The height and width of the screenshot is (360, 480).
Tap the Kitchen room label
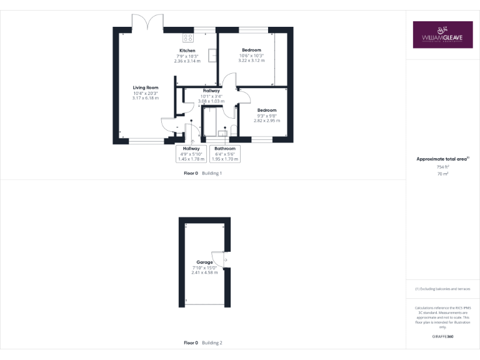(187, 51)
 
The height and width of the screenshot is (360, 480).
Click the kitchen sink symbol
(213, 55)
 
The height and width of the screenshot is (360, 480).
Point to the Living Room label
(146, 87)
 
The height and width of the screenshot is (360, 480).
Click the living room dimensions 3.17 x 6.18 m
(146, 98)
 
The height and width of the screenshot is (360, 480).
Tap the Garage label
(205, 262)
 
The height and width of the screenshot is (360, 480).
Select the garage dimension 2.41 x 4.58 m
(205, 272)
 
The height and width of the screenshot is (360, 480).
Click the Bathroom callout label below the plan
(225, 148)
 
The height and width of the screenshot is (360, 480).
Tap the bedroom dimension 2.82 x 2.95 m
(267, 121)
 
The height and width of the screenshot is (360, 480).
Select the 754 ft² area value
(442, 167)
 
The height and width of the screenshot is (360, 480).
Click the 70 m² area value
(442, 174)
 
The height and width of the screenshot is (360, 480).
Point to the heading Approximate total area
(442, 159)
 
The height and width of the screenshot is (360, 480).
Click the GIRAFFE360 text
(442, 336)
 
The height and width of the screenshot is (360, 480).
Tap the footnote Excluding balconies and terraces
(442, 289)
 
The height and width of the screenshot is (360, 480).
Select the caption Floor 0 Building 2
(202, 343)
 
